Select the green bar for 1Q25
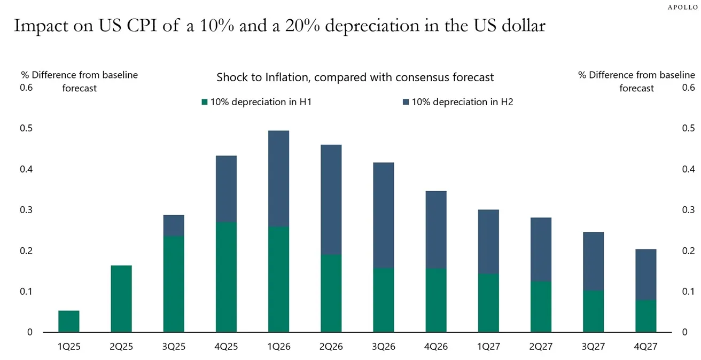pyautogui.click(x=69, y=321)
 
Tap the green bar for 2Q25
pyautogui.click(x=121, y=299)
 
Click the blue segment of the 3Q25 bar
pyautogui.click(x=174, y=225)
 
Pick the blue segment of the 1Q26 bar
pyautogui.click(x=278, y=178)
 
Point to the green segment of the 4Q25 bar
pyautogui.click(x=226, y=277)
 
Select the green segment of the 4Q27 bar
pyautogui.click(x=645, y=316)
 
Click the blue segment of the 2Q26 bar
pyautogui.click(x=331, y=199)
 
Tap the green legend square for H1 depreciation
pyautogui.click(x=204, y=102)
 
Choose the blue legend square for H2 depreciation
pyautogui.click(x=406, y=102)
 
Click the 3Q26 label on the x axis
pyautogui.click(x=383, y=347)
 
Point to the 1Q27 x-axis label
pyautogui.click(x=488, y=347)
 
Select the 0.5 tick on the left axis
pyautogui.click(x=27, y=128)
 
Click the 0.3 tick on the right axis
pyautogui.click(x=688, y=210)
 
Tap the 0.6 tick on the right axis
pyautogui.click(x=688, y=88)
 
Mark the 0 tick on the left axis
pyautogui.click(x=30, y=332)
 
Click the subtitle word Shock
pyautogui.click(x=232, y=77)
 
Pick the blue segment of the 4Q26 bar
pyautogui.click(x=435, y=230)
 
